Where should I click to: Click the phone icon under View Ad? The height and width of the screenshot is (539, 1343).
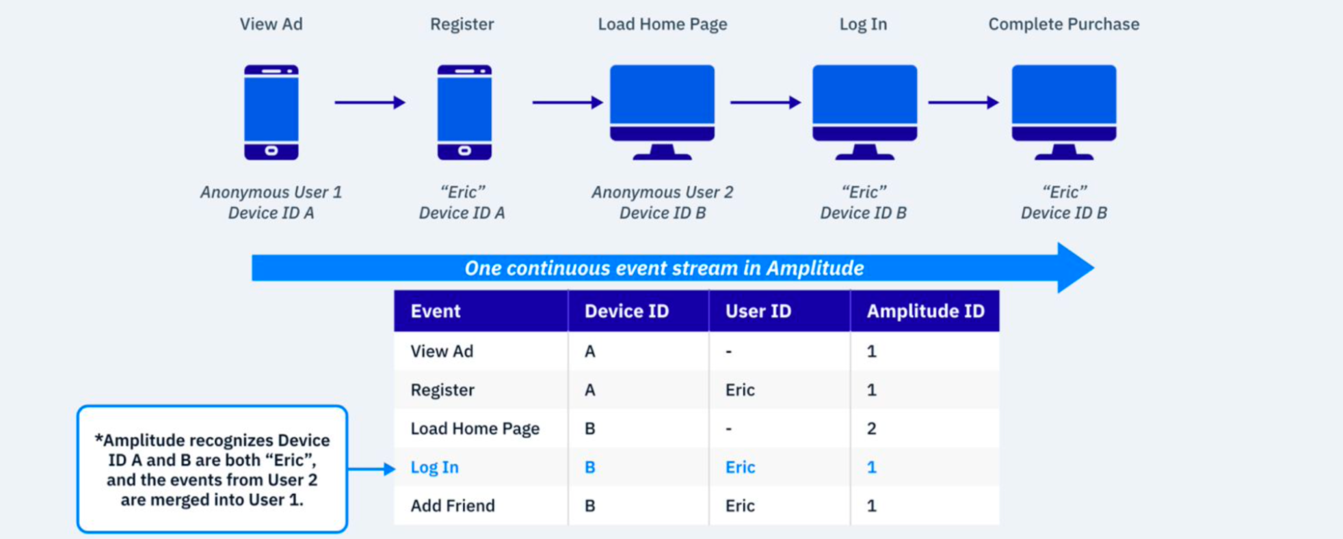tap(271, 113)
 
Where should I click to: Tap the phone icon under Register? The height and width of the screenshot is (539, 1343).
tap(464, 113)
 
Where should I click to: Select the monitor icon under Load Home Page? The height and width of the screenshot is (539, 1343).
tap(662, 113)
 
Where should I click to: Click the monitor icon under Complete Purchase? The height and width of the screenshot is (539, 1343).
tap(1064, 113)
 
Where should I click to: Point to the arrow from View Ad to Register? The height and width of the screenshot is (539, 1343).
tap(370, 102)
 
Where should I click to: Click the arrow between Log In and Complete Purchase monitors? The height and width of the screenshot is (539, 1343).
tap(963, 102)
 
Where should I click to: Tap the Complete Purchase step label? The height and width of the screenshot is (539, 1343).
tap(1064, 24)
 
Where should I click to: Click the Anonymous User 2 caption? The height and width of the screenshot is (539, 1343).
tap(662, 192)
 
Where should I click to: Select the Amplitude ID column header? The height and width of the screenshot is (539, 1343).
tap(925, 312)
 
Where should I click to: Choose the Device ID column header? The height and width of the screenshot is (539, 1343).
tap(626, 312)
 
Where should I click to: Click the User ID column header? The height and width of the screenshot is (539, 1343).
tap(758, 312)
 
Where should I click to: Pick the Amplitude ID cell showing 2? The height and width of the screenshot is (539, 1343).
tap(871, 428)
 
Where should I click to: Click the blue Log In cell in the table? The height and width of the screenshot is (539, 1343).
tap(434, 467)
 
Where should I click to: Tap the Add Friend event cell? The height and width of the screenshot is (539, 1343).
tap(452, 506)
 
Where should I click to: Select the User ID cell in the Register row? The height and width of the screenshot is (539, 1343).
tap(740, 390)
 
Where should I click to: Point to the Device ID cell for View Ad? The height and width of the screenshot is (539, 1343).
tap(589, 351)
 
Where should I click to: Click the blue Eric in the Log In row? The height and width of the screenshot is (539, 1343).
tap(740, 467)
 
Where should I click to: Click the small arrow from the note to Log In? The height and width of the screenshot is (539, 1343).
tap(371, 469)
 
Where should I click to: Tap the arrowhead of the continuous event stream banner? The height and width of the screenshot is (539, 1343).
tap(1076, 268)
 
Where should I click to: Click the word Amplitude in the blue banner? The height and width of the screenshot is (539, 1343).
tap(814, 268)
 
